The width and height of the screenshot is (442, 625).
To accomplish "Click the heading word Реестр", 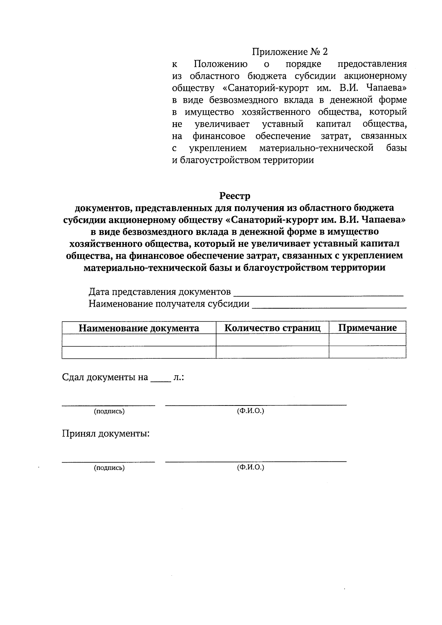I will click(235, 196).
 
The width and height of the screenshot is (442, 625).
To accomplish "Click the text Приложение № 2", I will click(290, 52).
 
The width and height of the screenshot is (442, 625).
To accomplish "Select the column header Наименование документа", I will click(139, 328).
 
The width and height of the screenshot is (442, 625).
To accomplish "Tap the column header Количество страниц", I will click(272, 328).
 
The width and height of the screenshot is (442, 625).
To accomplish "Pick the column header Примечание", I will click(367, 328).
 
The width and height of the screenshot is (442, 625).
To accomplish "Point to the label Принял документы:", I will click(106, 433).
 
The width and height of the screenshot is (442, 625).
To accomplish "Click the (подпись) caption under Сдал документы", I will click(109, 411).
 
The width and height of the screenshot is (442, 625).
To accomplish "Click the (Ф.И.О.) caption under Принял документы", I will click(250, 467).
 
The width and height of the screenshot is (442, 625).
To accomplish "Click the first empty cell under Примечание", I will click(367, 340).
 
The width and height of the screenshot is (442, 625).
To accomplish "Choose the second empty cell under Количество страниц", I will click(272, 352).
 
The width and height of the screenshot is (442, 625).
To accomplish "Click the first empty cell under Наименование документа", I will click(139, 340).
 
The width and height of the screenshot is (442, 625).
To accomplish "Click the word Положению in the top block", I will click(221, 64).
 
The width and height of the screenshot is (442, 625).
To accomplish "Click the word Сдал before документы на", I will click(73, 378).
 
